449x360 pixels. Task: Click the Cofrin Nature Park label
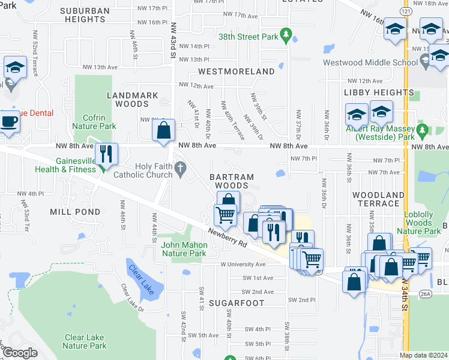point(94,122)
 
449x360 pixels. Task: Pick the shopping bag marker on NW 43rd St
point(163,131)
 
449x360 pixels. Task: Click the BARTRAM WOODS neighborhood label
point(232,181)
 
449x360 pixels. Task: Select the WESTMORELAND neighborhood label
point(236,71)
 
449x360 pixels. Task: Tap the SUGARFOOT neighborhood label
point(237,303)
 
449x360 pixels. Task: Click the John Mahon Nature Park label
point(184,249)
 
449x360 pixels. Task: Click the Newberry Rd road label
point(228,239)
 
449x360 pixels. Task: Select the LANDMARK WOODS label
point(132,100)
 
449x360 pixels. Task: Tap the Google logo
point(19,353)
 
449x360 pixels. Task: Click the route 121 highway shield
point(406,12)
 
